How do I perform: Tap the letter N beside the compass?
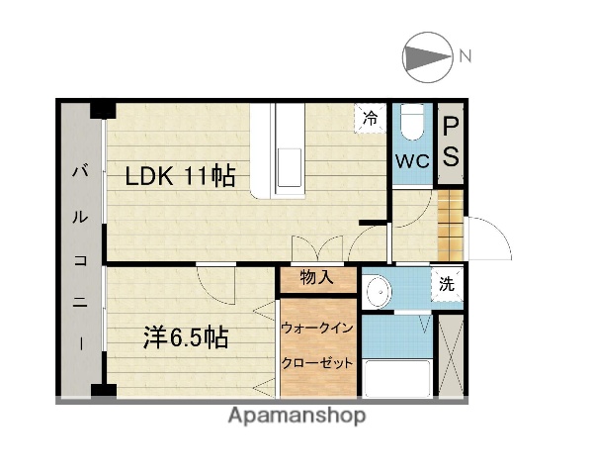tap(465, 55)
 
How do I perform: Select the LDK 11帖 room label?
tap(179, 177)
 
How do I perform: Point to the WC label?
tap(411, 161)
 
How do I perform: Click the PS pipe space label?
tap(450, 142)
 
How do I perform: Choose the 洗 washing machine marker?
tap(448, 283)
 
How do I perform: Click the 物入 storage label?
tap(316, 278)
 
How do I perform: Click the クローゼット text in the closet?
tap(317, 362)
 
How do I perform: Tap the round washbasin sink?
tap(377, 291)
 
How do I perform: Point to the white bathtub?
tap(395, 377)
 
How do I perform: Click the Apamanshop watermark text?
tap(297, 416)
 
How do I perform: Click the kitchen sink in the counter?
tap(291, 165)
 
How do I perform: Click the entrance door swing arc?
tap(488, 237)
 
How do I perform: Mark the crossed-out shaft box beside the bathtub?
tap(450, 354)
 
